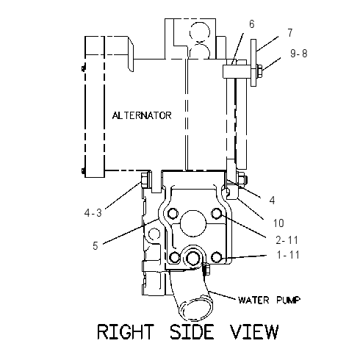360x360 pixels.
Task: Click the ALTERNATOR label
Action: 142,115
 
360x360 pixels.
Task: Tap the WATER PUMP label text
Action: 269,300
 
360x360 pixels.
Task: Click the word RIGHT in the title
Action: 126,332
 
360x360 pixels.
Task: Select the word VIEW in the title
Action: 254,332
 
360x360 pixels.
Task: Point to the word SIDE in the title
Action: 192,332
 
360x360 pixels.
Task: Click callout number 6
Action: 252,24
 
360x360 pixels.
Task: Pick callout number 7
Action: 290,33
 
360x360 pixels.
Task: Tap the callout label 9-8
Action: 299,54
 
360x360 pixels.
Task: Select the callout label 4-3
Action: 93,213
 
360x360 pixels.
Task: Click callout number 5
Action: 96,245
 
